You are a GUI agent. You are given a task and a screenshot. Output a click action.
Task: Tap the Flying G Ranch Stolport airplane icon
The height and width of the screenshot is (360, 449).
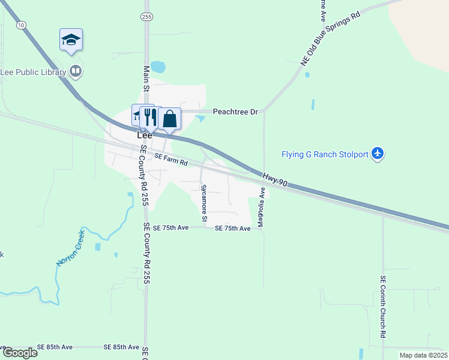coord(378,154)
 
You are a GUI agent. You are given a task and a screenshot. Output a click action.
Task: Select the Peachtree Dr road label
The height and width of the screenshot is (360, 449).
coord(235,112)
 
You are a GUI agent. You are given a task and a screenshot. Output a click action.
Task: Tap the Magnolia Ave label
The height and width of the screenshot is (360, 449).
coord(261,208)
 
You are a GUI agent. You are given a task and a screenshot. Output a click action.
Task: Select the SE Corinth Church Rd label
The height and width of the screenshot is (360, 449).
coord(382,306)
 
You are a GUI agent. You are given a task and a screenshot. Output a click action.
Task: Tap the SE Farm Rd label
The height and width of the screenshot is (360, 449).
coord(171,159)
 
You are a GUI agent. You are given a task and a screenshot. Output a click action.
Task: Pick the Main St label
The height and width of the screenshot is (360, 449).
coord(145,78)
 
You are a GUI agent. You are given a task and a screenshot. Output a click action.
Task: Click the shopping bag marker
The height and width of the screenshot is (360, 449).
coord(170,118)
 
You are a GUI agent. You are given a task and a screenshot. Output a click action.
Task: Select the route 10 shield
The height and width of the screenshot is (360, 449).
coord(22,25)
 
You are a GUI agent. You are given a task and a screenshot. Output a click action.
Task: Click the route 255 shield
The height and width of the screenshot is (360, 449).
coord(146,16)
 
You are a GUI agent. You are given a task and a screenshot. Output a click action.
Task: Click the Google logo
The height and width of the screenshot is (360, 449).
coord(20,353)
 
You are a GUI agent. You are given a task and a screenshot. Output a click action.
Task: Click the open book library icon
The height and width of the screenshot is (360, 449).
coord(76,72)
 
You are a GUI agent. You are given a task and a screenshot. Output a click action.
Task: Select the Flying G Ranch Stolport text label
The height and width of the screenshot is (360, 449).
coord(325,154)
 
